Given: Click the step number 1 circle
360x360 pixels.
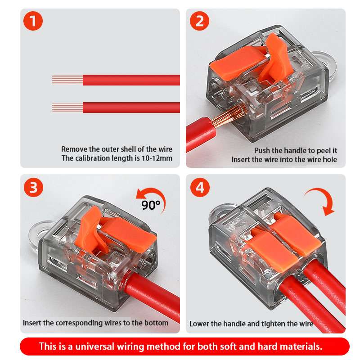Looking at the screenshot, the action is click(33, 21).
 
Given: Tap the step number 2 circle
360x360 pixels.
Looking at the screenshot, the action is click(199, 21).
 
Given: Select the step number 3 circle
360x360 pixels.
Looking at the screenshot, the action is click(33, 187).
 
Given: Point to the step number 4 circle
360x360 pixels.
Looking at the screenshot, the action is click(200, 187).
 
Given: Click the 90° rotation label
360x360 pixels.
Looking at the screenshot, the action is click(151, 205).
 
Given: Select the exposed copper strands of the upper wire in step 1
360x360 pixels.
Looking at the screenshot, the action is click(67, 80).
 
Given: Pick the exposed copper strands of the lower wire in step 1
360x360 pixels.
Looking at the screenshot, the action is click(67, 108).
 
